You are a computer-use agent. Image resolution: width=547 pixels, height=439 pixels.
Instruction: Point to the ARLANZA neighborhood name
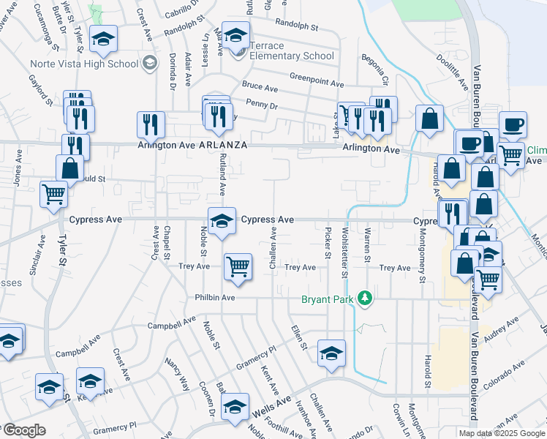pos(222,146)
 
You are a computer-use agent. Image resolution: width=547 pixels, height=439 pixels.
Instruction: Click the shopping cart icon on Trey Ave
pos(238,267)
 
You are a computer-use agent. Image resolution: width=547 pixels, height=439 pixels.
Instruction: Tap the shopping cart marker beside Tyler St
pos(54,195)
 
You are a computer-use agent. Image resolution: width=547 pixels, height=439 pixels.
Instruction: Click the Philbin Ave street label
pos(214,298)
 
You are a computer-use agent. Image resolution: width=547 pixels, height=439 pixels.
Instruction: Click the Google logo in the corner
pos(25,431)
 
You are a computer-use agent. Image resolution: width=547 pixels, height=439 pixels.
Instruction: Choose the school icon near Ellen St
pos(331,353)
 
